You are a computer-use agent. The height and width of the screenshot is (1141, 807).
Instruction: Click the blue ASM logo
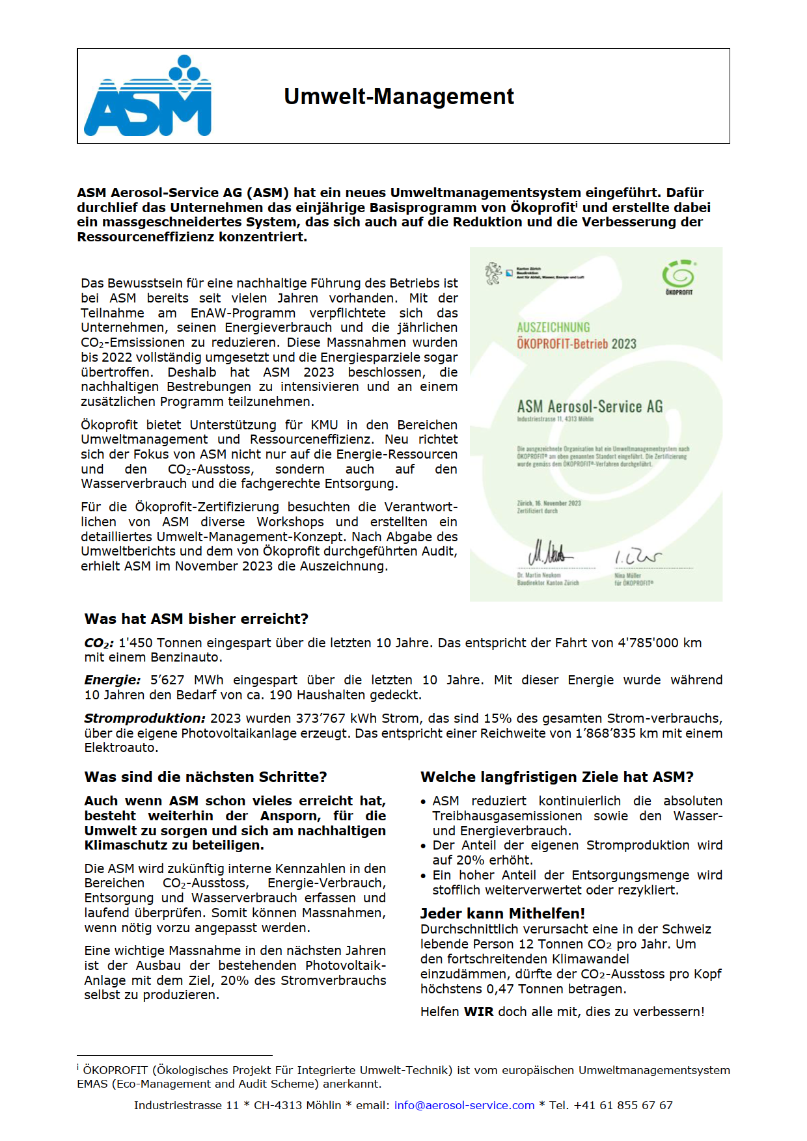pyautogui.click(x=148, y=96)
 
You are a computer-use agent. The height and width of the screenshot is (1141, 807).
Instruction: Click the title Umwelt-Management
pyautogui.click(x=398, y=96)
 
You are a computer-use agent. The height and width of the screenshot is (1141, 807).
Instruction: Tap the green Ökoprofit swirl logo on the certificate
pyautogui.click(x=678, y=276)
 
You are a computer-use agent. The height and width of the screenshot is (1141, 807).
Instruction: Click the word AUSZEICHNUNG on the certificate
pyautogui.click(x=553, y=327)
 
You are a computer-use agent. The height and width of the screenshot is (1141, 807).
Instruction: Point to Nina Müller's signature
pyautogui.click(x=637, y=557)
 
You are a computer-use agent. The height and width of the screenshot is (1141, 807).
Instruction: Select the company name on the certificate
pyautogui.click(x=590, y=407)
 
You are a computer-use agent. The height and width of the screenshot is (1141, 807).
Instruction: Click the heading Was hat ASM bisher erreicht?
pyautogui.click(x=196, y=619)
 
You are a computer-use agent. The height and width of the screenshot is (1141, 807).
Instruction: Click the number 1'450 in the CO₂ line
pyautogui.click(x=135, y=643)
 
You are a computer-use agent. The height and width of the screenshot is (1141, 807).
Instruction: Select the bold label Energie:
pyautogui.click(x=112, y=680)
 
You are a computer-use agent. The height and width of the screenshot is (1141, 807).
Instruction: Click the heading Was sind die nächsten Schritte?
pyautogui.click(x=205, y=777)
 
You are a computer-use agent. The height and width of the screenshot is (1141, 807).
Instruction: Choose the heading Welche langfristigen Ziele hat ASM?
pyautogui.click(x=556, y=777)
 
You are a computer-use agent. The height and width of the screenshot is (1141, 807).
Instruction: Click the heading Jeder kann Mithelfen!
pyautogui.click(x=502, y=913)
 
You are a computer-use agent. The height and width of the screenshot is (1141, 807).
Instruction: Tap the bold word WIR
pyautogui.click(x=478, y=1012)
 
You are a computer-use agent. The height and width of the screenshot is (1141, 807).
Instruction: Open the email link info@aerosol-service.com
pyautogui.click(x=464, y=1105)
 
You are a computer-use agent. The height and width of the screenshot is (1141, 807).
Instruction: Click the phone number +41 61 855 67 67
pyautogui.click(x=623, y=1105)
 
